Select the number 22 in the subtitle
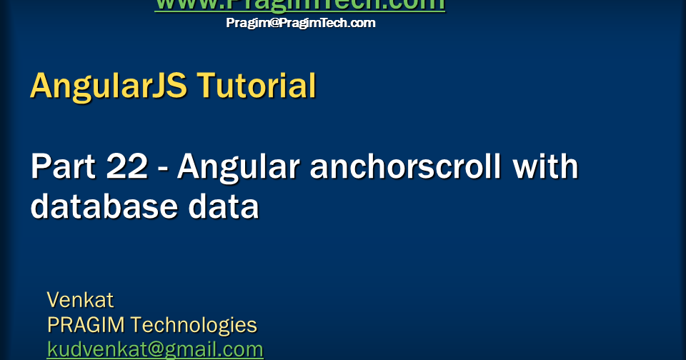tap(121, 167)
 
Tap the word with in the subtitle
tap(547, 167)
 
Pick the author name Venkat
tap(80, 299)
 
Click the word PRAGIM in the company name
tap(86, 325)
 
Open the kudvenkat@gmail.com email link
tap(155, 349)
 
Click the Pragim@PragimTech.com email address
tap(300, 23)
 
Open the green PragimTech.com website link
tap(300, 4)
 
